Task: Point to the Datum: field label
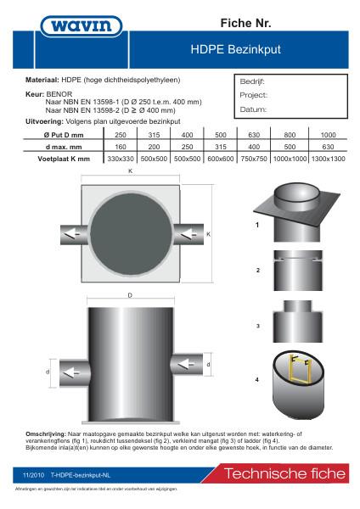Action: coord(253,109)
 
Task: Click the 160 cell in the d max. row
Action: coord(121,146)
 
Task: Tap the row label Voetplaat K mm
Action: coord(65,158)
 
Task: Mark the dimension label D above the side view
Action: coord(130,295)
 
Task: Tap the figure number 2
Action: coord(256,271)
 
